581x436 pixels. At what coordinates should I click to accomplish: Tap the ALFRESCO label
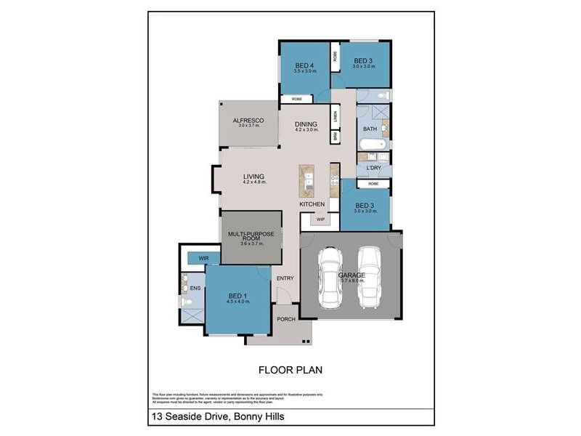pyautogui.click(x=247, y=120)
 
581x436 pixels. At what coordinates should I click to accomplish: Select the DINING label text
pyautogui.click(x=306, y=124)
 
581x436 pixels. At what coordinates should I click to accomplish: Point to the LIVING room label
pyautogui.click(x=253, y=176)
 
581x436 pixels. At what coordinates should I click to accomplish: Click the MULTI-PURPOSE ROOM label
pyautogui.click(x=251, y=235)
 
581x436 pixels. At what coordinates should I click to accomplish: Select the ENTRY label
pyautogui.click(x=285, y=278)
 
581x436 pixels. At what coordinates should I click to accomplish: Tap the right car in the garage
pyautogui.click(x=369, y=276)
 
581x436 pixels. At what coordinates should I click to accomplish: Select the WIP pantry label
pyautogui.click(x=320, y=218)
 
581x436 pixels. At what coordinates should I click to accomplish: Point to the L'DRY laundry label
pyautogui.click(x=373, y=169)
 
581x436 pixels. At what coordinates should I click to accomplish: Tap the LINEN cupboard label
pyautogui.click(x=336, y=116)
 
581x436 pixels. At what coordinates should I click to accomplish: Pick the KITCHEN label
pyautogui.click(x=312, y=204)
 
